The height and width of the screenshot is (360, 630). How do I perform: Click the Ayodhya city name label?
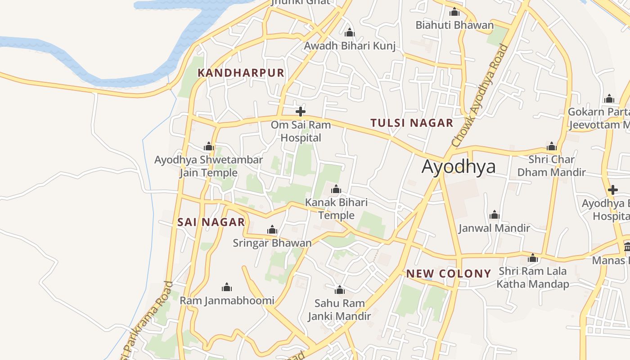click(459, 166)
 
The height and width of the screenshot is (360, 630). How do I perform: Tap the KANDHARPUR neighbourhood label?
click(241, 73)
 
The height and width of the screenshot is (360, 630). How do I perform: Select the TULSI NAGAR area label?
click(411, 123)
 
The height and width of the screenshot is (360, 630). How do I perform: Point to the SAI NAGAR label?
click(211, 222)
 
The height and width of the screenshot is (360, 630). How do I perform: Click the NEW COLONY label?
click(448, 274)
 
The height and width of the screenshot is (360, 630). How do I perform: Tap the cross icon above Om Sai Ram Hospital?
click(301, 112)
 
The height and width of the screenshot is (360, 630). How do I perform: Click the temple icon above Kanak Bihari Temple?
click(336, 189)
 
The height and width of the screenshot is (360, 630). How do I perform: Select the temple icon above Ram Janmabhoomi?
click(227, 287)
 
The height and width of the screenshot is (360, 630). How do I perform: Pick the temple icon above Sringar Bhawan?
click(272, 230)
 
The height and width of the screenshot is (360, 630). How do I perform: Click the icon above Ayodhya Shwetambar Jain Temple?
click(209, 146)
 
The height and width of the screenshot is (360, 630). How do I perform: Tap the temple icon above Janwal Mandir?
click(495, 215)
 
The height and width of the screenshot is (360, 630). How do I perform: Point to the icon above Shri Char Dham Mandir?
click(552, 146)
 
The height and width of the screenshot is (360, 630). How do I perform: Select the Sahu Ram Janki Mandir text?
click(339, 310)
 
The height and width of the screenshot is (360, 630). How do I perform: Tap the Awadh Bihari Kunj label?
click(350, 46)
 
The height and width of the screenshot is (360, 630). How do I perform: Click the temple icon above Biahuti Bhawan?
click(454, 12)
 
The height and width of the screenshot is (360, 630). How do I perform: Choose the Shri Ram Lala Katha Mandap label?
click(533, 278)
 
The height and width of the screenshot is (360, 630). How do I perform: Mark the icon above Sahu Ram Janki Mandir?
click(340, 290)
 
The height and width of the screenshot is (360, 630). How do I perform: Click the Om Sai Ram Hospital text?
click(301, 131)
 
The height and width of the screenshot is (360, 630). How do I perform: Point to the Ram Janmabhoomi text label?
click(227, 300)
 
